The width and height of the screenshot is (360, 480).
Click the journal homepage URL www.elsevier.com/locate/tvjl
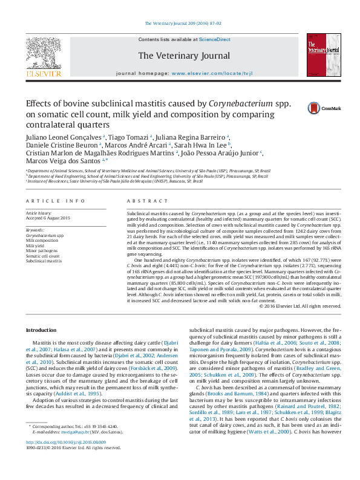point(203,73)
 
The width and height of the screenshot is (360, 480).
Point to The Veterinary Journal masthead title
point(184,56)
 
